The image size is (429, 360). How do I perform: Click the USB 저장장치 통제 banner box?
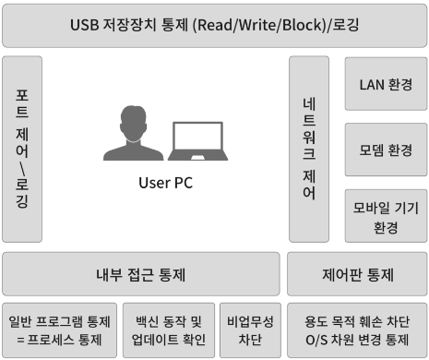[214, 24]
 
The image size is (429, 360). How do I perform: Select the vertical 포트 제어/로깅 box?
[22, 148]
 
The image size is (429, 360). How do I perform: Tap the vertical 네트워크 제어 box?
[309, 148]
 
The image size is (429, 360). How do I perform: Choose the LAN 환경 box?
[386, 85]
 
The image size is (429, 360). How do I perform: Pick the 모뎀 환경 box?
[386, 149]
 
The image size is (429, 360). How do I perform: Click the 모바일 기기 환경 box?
[386, 215]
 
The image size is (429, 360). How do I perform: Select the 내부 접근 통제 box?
[141, 274]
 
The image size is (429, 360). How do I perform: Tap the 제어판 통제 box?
[358, 274]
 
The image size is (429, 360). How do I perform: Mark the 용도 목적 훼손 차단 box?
[358, 330]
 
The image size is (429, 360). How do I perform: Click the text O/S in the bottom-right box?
[316, 340]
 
